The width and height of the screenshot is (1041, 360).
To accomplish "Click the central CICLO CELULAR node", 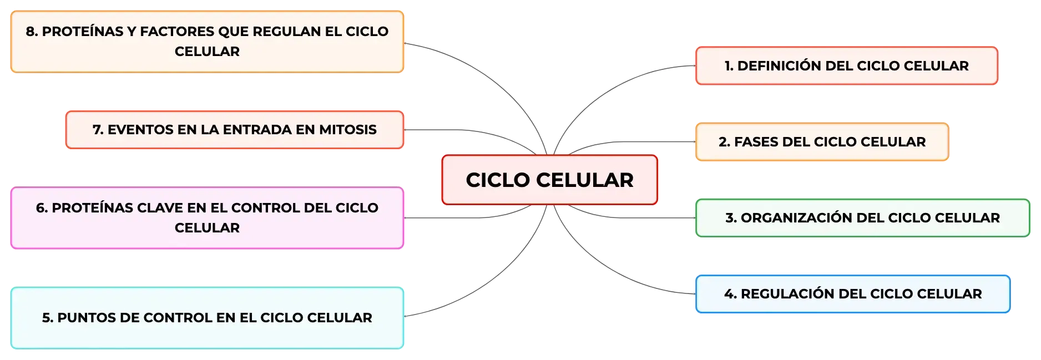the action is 549,180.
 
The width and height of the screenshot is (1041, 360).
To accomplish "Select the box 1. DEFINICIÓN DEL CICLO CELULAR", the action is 847,65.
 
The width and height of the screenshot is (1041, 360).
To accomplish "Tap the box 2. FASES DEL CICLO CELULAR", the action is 822,142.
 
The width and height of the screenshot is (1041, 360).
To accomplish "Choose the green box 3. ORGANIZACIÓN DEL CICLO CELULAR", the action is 863,218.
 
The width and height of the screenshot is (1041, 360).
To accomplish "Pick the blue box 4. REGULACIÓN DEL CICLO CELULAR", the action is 853,294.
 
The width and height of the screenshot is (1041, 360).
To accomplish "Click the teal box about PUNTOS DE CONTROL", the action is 207,318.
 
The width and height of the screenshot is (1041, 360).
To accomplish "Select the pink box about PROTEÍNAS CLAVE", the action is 207,218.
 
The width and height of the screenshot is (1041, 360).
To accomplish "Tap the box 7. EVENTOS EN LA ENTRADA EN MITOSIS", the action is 235,130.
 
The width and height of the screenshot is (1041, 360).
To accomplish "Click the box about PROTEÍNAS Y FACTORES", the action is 207,42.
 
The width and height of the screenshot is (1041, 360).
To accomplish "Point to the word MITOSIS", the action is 348,130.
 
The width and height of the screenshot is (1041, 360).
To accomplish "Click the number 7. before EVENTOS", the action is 98,130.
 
